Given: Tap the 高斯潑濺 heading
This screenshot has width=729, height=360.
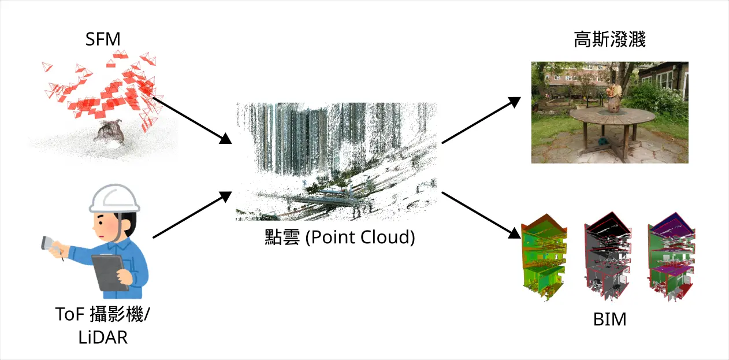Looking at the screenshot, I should [x=609, y=40].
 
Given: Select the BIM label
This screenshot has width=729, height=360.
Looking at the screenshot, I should [x=609, y=319].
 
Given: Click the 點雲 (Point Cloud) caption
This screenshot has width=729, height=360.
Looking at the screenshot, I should [x=337, y=237].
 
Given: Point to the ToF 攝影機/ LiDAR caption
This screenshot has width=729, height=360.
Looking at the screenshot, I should [x=103, y=325].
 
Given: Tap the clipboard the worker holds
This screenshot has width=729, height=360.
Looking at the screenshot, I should [x=111, y=272].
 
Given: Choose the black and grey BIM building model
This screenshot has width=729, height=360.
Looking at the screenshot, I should [x=607, y=257].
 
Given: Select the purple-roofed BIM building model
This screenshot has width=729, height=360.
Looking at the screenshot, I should [x=670, y=257].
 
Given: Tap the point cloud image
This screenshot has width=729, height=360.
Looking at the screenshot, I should [x=337, y=162].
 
